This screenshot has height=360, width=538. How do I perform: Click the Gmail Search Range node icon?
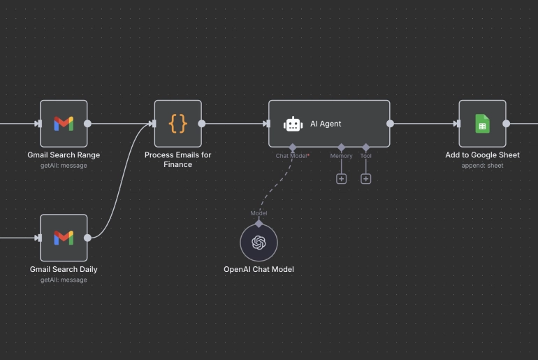pos(64,124)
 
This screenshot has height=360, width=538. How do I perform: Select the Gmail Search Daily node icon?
pos(64,238)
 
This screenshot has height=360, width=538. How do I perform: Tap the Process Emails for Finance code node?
pos(178,124)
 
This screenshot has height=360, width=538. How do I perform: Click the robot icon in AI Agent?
pos(293,124)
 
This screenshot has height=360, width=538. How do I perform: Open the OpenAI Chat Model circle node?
pos(259,243)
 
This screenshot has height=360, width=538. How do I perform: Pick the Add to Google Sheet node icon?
pos(482,124)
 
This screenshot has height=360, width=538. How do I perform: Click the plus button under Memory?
pos(341,179)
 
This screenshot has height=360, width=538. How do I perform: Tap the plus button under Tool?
pos(365,179)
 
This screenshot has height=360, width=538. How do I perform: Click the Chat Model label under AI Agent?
pos(292,156)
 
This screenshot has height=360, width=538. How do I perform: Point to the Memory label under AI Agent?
pos(341,156)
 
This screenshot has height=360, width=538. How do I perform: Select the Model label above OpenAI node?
pos(259,213)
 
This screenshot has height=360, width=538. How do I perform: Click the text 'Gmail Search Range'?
pos(64,155)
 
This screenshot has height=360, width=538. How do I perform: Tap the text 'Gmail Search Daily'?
pos(64,269)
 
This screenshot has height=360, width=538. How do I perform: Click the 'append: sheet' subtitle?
pos(482,166)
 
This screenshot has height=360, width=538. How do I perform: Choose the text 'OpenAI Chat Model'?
pos(259,269)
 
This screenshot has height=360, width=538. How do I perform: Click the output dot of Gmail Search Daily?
pos(87,238)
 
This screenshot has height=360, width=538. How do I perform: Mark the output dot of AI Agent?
pos(390,124)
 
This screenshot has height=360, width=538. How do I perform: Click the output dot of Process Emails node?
pos(202,124)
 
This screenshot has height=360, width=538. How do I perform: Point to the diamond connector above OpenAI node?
pos(259,223)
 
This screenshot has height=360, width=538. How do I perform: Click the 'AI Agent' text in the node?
pos(326,124)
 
